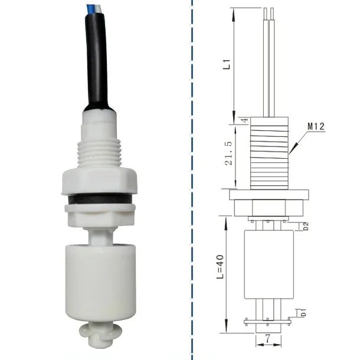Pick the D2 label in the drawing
point(306,225)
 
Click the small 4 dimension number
point(244,120)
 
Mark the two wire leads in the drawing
point(269,59)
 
